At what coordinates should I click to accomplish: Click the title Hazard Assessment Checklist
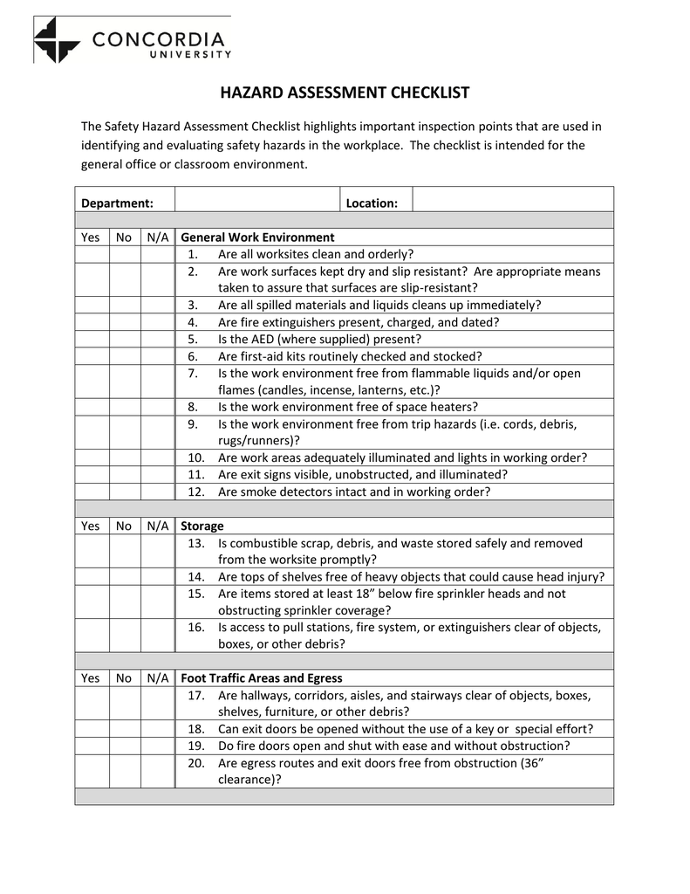pyautogui.click(x=345, y=93)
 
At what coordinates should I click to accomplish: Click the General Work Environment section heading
pyautogui.click(x=257, y=237)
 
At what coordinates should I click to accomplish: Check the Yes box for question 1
pyautogui.click(x=91, y=254)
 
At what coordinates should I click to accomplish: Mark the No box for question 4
pyautogui.click(x=124, y=321)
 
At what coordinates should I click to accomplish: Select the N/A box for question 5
pyautogui.click(x=157, y=339)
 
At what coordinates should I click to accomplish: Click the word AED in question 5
pyautogui.click(x=264, y=339)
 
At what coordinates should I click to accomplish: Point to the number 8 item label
pyautogui.click(x=193, y=407)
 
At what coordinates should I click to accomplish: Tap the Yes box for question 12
pyautogui.click(x=91, y=492)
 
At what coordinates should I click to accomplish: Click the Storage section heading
pyautogui.click(x=202, y=526)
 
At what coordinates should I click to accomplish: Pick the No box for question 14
pyautogui.click(x=124, y=576)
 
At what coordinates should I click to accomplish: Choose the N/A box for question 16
pyautogui.click(x=157, y=636)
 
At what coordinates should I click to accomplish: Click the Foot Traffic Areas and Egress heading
pyautogui.click(x=261, y=677)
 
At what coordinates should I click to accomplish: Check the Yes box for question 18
pyautogui.click(x=91, y=728)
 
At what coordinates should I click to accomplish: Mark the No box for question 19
pyautogui.click(x=124, y=746)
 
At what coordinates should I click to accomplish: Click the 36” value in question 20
pyautogui.click(x=530, y=762)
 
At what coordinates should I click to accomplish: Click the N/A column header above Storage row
pyautogui.click(x=157, y=526)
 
